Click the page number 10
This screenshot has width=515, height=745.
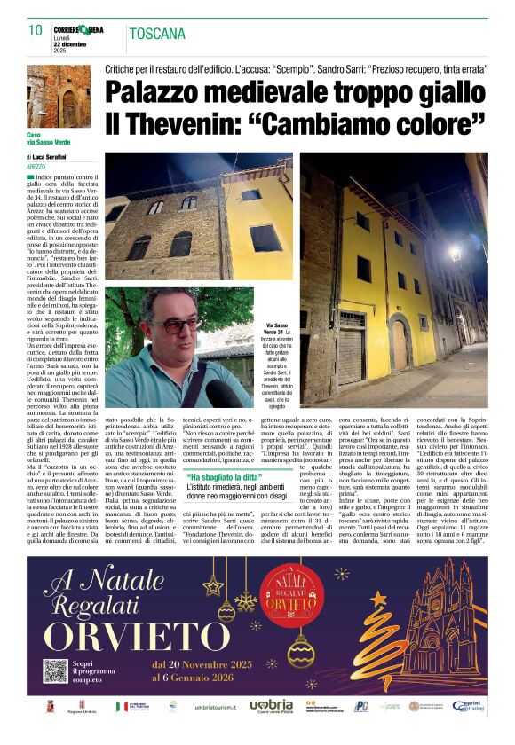pos(36,30)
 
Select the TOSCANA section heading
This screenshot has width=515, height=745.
pos(158,35)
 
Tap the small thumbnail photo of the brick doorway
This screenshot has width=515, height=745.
pos(57,95)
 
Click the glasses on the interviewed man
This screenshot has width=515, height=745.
pos(182,325)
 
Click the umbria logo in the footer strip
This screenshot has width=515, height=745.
pos(271,705)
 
